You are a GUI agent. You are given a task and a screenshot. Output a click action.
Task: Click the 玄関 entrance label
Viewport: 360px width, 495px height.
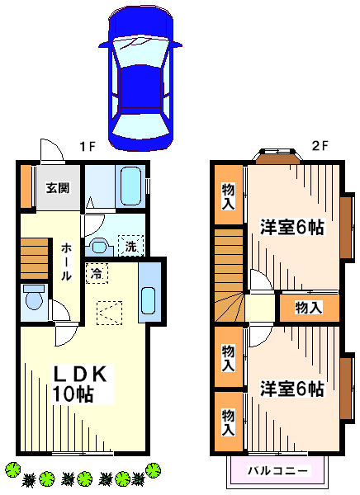[58, 188]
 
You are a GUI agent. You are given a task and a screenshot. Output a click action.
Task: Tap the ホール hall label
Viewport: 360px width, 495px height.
[66, 262]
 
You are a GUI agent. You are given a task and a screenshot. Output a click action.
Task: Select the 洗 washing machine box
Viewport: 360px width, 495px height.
[130, 246]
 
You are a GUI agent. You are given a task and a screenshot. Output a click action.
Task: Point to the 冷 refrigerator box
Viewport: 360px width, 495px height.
[97, 273]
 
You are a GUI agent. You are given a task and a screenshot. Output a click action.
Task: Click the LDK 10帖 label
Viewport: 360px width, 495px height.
[80, 384]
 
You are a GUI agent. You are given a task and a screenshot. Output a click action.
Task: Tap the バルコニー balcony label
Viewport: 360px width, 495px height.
[277, 471]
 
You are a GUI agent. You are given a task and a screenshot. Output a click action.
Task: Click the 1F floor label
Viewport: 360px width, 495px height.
[88, 146]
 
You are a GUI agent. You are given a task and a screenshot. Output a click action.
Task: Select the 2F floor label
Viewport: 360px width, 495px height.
[320, 146]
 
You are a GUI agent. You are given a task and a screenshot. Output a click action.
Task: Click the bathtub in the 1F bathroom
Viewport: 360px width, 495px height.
[130, 186]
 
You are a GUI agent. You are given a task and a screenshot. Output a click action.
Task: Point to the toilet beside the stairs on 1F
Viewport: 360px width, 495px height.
[34, 298]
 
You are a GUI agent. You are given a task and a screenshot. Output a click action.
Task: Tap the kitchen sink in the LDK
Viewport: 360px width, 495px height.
[148, 300]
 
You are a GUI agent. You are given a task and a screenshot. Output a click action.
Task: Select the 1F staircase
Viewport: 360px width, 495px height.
[34, 258]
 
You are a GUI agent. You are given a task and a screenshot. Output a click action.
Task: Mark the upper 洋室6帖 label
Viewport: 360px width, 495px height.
[292, 227]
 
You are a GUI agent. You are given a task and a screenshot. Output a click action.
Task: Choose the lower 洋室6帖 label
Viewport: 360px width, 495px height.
[292, 389]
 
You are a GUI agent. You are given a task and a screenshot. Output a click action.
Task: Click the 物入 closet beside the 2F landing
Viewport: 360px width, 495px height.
[309, 308]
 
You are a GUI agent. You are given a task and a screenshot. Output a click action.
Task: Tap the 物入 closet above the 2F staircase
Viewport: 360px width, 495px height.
[229, 195]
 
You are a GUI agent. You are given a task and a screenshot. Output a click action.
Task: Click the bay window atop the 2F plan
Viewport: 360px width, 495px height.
[277, 156]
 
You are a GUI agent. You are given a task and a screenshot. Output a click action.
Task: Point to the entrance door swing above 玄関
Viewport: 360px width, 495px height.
[52, 150]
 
